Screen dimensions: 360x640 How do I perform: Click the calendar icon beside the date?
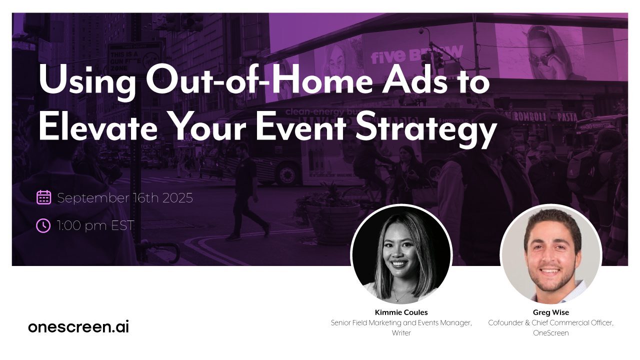pyautogui.click(x=44, y=197)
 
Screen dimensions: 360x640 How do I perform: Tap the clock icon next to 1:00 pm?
pyautogui.click(x=43, y=225)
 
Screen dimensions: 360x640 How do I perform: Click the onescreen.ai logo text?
pyautogui.click(x=78, y=327)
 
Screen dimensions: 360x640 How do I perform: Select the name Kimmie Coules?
pyautogui.click(x=401, y=312)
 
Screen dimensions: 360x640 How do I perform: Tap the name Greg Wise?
pyautogui.click(x=551, y=312)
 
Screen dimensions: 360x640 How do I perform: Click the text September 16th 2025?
pyautogui.click(x=124, y=198)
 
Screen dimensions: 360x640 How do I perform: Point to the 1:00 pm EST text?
pyautogui.click(x=95, y=225)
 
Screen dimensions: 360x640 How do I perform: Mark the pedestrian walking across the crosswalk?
pyautogui.click(x=248, y=190)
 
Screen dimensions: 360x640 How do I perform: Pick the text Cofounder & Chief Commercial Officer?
pyautogui.click(x=550, y=323)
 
